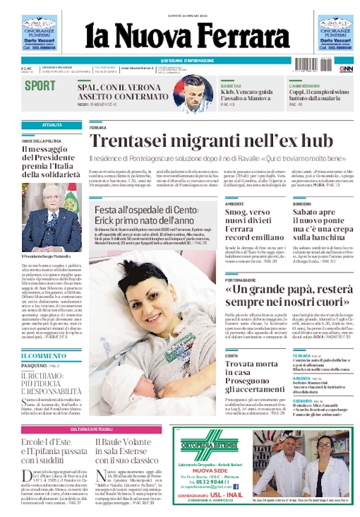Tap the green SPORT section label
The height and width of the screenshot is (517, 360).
[x=40, y=85]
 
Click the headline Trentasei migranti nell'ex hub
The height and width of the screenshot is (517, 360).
[x=211, y=142]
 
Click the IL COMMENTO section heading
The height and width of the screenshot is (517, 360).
[x=43, y=356]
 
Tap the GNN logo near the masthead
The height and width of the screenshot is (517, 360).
[x=346, y=69]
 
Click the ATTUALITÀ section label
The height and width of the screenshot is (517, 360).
[x=52, y=125]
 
